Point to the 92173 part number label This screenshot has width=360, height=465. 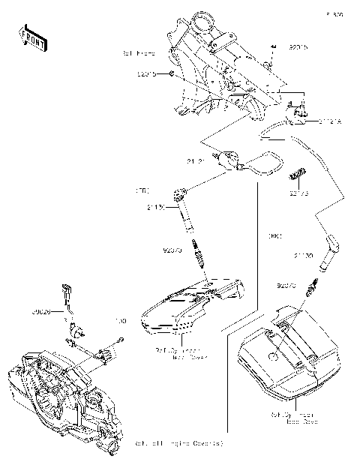pos(298,191)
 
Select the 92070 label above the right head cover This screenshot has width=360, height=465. pos(288,286)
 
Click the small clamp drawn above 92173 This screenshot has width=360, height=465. pos(295,175)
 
